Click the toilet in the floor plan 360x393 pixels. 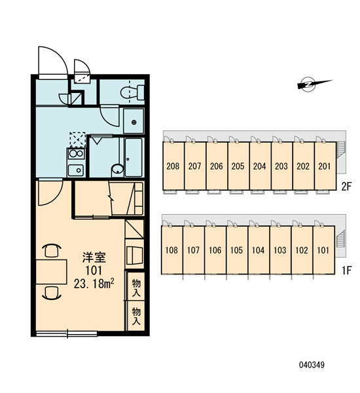132,92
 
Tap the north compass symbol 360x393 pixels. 314,84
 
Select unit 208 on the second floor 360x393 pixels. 173,166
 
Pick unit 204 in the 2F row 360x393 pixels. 260,166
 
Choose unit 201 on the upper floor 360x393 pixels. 325,166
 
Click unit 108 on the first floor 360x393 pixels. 172,250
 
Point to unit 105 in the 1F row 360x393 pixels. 237,250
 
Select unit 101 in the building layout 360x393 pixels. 323,250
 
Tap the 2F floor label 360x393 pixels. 347,187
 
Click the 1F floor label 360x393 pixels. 347,271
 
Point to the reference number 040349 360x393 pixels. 312,365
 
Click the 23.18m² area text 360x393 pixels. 94,284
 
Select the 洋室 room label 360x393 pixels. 94,257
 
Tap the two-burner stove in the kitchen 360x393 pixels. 76,153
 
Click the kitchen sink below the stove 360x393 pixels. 76,170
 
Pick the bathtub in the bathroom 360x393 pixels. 134,157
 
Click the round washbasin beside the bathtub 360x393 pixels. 117,169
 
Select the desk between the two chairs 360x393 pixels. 51,272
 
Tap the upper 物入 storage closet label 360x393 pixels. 136,288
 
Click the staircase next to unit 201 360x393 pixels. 341,149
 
